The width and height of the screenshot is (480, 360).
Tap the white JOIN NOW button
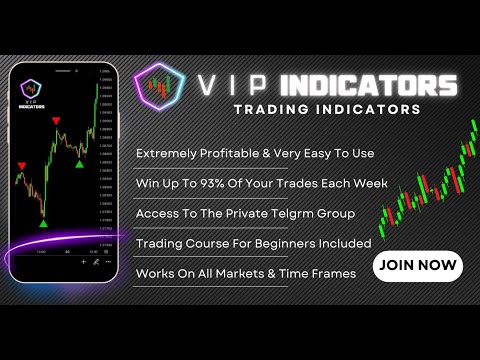417,266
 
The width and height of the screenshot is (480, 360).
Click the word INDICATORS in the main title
369,85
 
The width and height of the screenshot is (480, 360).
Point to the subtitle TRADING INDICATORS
324,110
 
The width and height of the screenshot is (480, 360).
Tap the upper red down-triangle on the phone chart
57,121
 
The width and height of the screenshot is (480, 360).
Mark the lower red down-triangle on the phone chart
22,167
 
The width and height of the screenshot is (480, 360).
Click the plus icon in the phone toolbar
83,261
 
